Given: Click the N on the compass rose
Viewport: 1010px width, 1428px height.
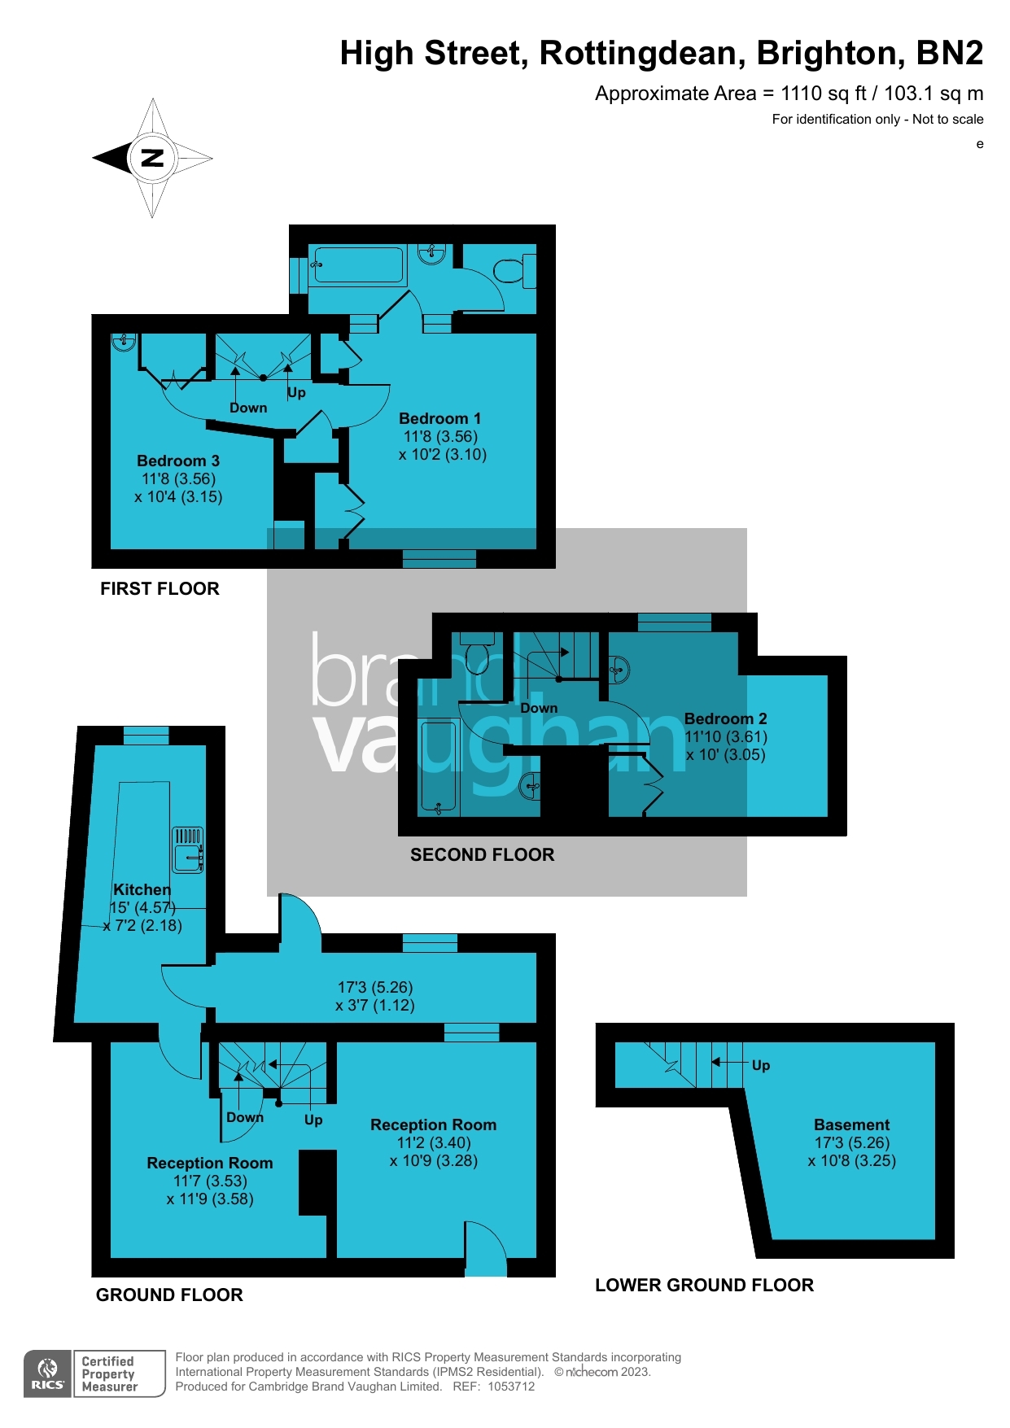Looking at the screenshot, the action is pyautogui.click(x=153, y=158).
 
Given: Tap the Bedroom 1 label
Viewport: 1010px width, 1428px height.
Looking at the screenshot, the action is pyautogui.click(x=439, y=418).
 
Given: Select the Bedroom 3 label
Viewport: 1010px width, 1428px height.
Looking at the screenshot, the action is pyautogui.click(x=178, y=461).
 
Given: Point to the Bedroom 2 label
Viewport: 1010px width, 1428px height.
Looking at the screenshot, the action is pyautogui.click(x=725, y=718).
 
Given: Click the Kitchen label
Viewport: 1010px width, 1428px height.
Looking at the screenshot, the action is pyautogui.click(x=142, y=889).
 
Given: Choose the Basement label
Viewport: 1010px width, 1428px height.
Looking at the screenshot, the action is pyautogui.click(x=851, y=1124).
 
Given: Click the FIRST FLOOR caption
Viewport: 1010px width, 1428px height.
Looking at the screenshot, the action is pyautogui.click(x=160, y=588).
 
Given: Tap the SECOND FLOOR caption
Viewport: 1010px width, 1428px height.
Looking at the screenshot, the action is pyautogui.click(x=482, y=854).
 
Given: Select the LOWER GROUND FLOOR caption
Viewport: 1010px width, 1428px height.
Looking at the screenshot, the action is pyautogui.click(x=704, y=1285).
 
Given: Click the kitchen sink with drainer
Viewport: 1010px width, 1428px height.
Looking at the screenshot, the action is pyautogui.click(x=188, y=849).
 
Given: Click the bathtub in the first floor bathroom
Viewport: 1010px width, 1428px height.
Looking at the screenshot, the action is pyautogui.click(x=358, y=265).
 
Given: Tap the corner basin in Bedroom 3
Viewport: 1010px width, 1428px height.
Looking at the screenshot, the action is pyautogui.click(x=123, y=342).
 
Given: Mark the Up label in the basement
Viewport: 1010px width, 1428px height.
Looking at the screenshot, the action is pyautogui.click(x=761, y=1065).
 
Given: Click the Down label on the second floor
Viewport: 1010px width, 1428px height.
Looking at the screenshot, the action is pyautogui.click(x=539, y=708).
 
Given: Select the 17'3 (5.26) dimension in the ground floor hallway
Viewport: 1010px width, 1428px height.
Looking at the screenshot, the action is pyautogui.click(x=375, y=987).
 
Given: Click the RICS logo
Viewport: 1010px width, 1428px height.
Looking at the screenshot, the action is pyautogui.click(x=48, y=1373).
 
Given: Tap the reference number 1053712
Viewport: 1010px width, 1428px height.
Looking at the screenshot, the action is pyautogui.click(x=511, y=1387).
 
